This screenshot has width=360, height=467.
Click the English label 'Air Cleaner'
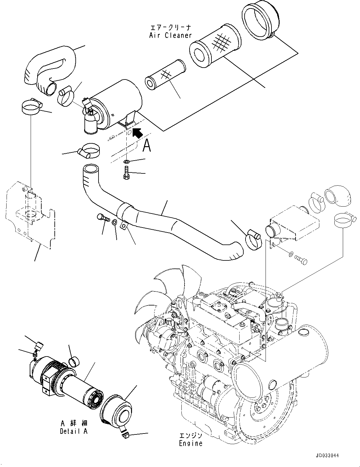pyautogui.click(x=170, y=35)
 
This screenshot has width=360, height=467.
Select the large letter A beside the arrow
pyautogui.click(x=147, y=146)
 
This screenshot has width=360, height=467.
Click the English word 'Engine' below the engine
pyautogui.click(x=190, y=443)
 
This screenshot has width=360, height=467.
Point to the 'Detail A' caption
pyautogui.click(x=74, y=431)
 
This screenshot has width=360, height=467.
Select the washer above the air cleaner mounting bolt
pyautogui.click(x=126, y=162)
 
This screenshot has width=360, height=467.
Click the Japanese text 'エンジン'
pyautogui.click(x=190, y=436)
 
